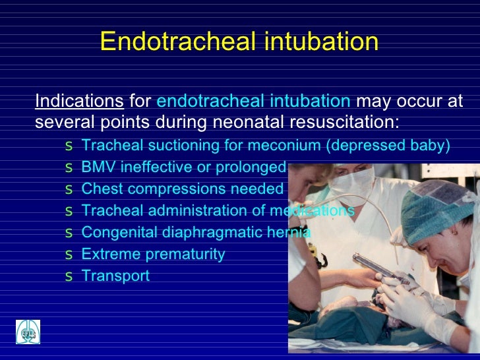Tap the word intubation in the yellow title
tap(318, 42)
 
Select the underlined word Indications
tap(79, 102)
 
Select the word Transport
tap(115, 276)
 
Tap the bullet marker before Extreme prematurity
tap(69, 255)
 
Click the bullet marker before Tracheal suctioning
tap(69, 146)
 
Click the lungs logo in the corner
tap(28, 332)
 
